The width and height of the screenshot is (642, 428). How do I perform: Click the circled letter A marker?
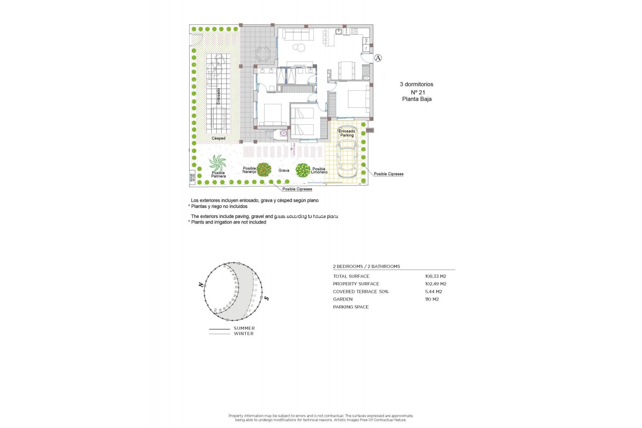coord(378,58)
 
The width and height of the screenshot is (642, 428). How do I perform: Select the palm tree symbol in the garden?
coord(218,163)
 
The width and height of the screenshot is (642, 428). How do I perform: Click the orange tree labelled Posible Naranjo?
coord(264,170)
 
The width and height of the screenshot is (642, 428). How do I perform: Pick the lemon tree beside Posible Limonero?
coord(303,170)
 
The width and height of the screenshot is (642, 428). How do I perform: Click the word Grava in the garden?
coord(284,171)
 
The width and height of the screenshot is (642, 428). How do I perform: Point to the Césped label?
coord(218,138)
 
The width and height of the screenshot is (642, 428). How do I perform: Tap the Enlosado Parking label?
coord(347,133)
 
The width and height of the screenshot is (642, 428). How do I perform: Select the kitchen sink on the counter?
coord(339,32)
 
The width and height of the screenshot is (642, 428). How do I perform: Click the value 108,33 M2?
coord(435,276)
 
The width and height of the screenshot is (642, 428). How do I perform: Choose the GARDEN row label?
coord(343,299)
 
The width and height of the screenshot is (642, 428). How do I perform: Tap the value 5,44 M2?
coord(433,292)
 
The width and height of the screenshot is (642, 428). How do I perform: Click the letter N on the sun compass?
coord(201,285)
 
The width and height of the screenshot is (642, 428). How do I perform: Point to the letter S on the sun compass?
coord(266,298)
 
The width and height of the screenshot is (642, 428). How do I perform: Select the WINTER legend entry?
coord(243,334)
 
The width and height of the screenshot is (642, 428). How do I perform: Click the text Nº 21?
coord(418,92)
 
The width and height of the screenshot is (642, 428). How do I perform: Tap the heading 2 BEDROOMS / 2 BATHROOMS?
coord(366,266)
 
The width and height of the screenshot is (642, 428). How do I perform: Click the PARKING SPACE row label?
coord(351,307)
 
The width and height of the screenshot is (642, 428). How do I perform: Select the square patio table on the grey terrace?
coord(263,54)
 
